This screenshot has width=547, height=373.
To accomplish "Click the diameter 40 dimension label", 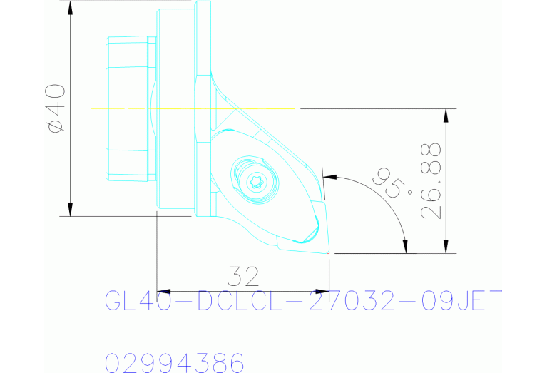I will pyautogui.click(x=55, y=107).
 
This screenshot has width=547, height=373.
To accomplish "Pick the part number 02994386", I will pyautogui.click(x=175, y=362).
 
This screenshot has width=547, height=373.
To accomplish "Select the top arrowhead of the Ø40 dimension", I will pyautogui.click(x=71, y=8).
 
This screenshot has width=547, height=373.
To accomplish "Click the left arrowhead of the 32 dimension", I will pyautogui.click(x=162, y=291).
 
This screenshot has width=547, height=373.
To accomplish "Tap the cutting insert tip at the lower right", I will pyautogui.click(x=327, y=251).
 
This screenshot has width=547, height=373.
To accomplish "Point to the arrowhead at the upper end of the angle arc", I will pyautogui.click(x=329, y=175).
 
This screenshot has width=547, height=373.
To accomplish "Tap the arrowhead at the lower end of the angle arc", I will pyautogui.click(x=406, y=246).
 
